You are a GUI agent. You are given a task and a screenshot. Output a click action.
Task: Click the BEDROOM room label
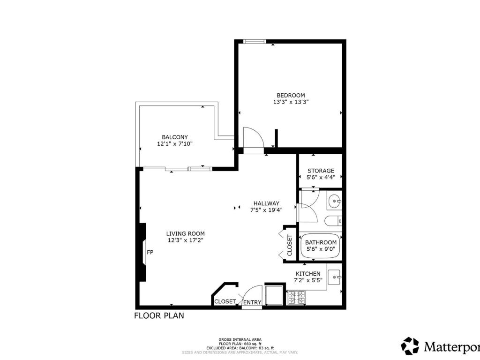[x=291, y=95]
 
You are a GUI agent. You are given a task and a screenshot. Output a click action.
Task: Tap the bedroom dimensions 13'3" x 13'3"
[x=291, y=102]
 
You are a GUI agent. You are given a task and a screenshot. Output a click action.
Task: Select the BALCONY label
[x=175, y=137]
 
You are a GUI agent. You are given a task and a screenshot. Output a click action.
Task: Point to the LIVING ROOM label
[x=186, y=233]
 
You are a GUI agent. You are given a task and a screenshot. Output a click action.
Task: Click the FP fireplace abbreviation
[x=150, y=253]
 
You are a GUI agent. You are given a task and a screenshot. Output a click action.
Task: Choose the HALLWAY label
[x=266, y=203]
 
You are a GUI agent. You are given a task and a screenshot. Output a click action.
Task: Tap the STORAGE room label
[x=321, y=171]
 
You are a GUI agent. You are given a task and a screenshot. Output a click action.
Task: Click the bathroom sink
[x=334, y=201]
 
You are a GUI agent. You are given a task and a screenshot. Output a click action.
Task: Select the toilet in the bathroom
[x=333, y=221]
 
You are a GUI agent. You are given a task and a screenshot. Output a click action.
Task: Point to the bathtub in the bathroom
[x=321, y=247]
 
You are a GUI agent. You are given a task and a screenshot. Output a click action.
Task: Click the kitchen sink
[x=335, y=277]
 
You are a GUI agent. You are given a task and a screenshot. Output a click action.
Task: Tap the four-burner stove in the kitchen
[x=296, y=298]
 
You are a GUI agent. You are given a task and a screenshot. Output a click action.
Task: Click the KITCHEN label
[x=308, y=274]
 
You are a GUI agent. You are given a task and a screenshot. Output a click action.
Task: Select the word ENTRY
[x=252, y=302]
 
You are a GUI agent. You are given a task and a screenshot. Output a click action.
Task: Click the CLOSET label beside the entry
[x=225, y=301]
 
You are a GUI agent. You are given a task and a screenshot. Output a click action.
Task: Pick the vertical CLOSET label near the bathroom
[x=290, y=245]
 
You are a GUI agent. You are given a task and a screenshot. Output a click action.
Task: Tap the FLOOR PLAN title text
[x=159, y=315]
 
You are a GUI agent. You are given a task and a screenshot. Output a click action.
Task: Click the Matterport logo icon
[x=410, y=346]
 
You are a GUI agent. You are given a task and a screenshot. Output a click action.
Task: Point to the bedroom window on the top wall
[x=255, y=41]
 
